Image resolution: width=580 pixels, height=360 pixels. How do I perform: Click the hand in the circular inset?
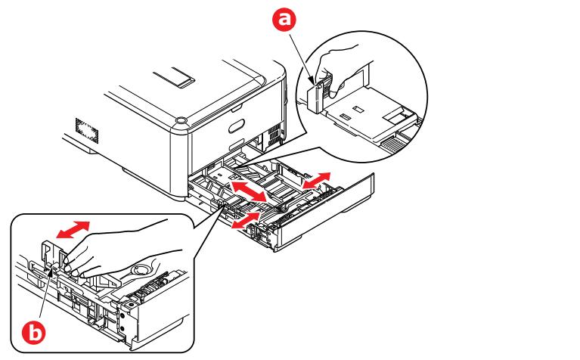[342, 73]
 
